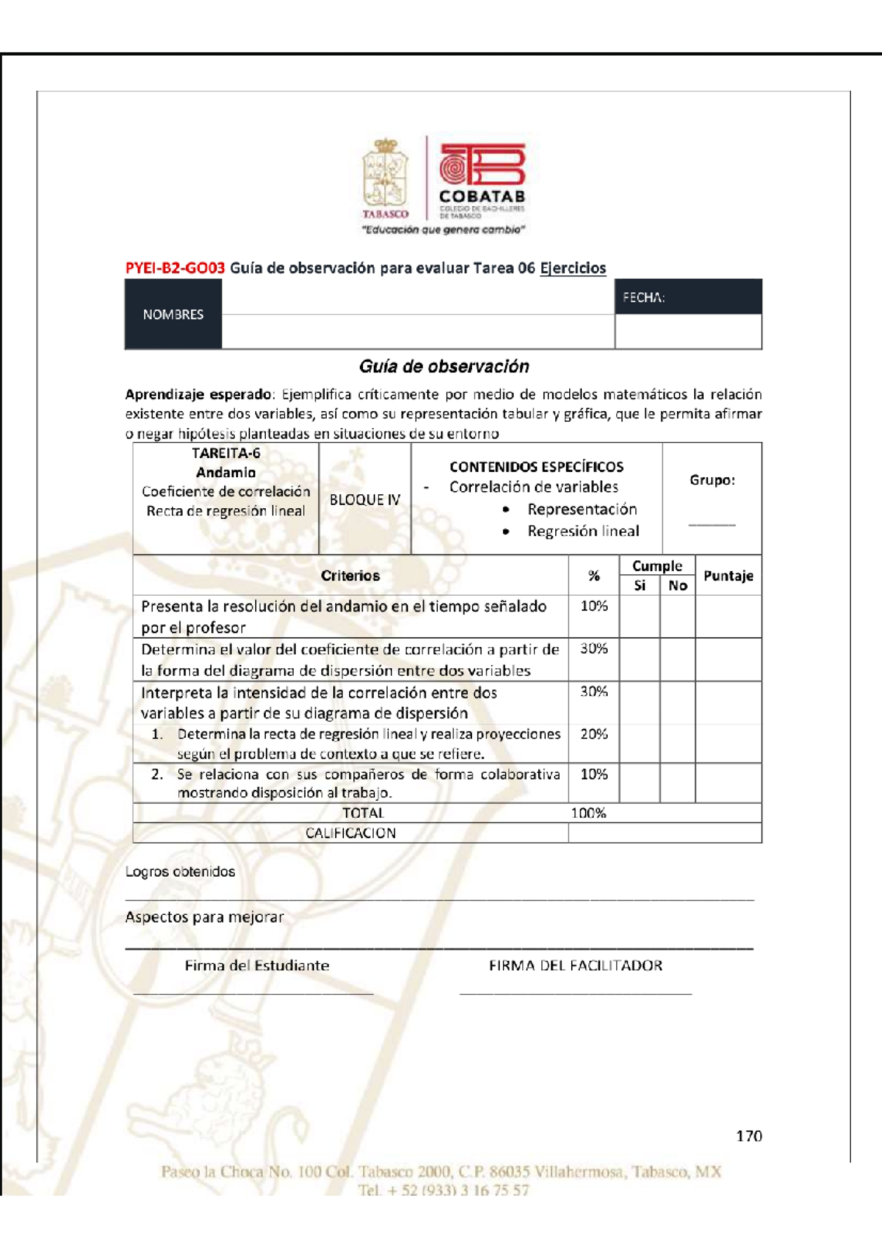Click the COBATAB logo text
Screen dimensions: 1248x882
coord(481,197)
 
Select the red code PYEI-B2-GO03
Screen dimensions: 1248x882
coord(175,268)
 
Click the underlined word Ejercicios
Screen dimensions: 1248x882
coord(573,268)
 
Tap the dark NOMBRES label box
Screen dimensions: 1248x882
coord(173,315)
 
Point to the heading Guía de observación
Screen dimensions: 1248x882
coord(443,366)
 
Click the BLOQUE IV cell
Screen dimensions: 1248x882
coord(365,500)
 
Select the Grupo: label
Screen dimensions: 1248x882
coord(711,480)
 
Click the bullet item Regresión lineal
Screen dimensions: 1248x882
coord(583,531)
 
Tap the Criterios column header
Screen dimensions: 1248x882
coord(350,575)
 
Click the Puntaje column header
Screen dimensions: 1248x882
coord(728,575)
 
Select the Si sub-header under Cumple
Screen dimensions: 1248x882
coord(639,586)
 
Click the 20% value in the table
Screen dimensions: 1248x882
coord(594,734)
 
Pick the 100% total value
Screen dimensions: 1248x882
coord(589,813)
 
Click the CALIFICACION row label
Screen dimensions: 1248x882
coord(350,833)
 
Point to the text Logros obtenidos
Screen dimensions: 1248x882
coord(180,872)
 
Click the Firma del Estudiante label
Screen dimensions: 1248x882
coord(257,966)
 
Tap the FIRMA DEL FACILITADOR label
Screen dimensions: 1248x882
coord(576,966)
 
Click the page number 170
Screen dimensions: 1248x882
coord(749,1136)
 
